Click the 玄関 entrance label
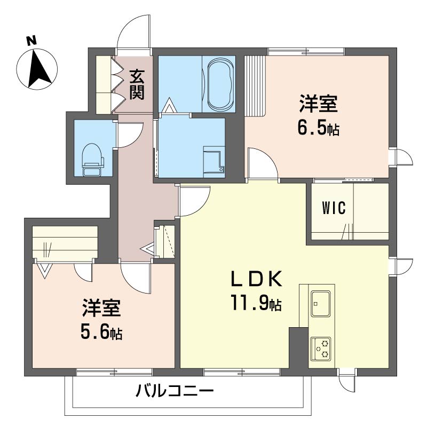point(137,85)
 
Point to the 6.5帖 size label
point(318,129)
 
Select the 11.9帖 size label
point(256,304)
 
